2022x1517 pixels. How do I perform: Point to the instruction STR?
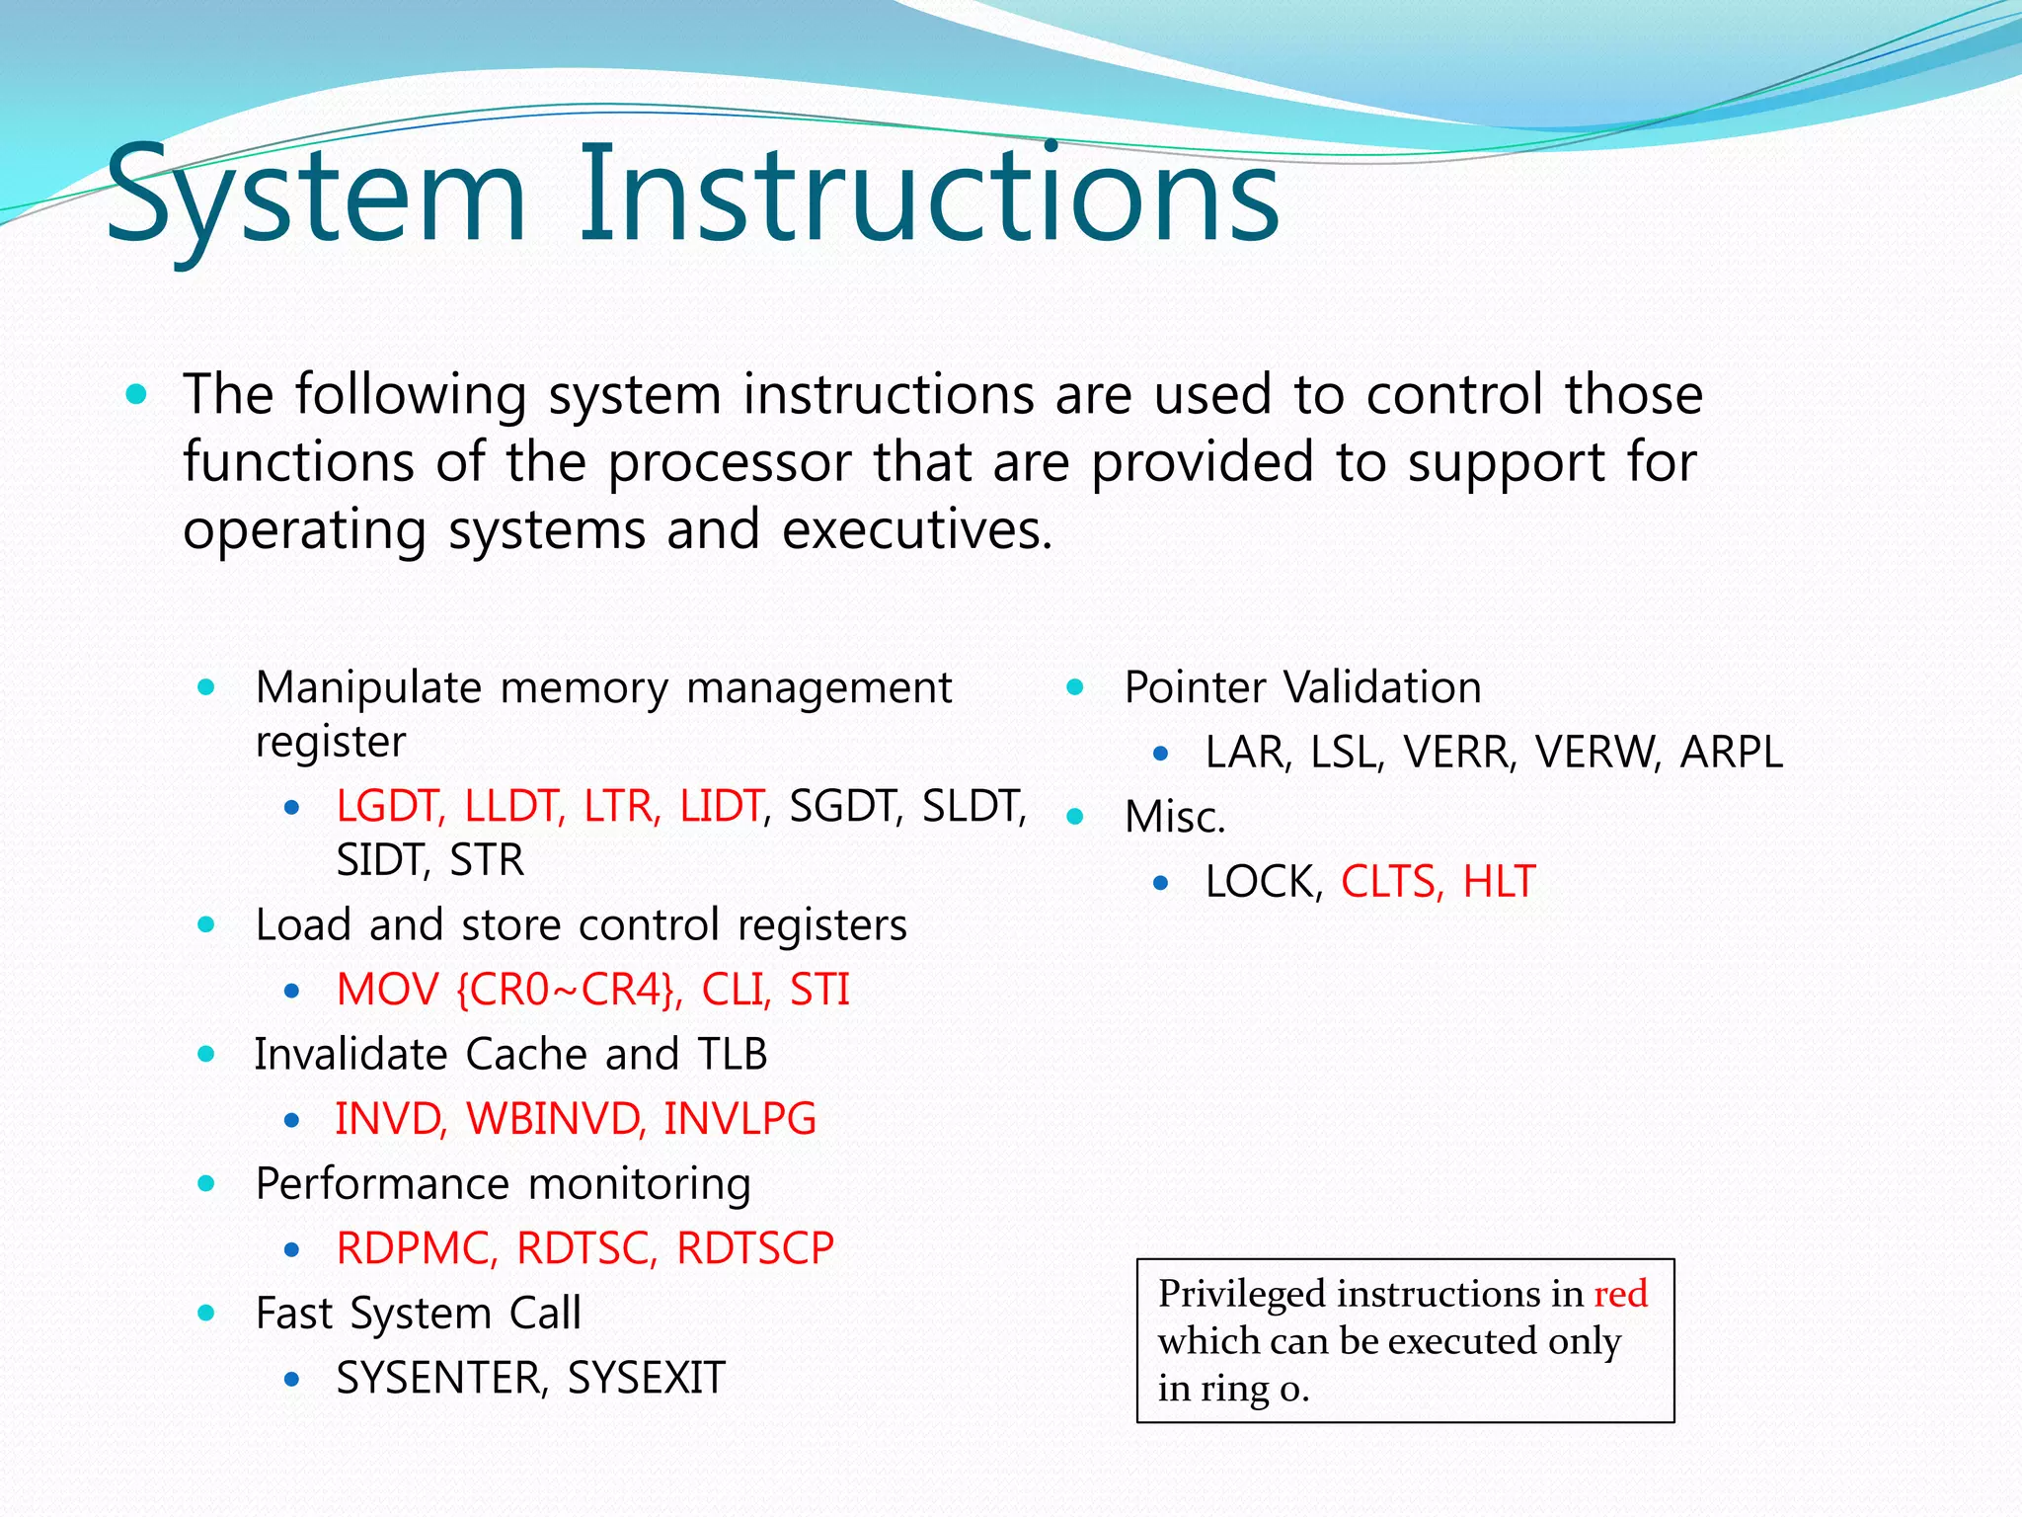[x=486, y=860]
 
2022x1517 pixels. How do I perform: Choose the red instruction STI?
[x=819, y=990]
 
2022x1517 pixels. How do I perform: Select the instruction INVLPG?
[x=739, y=1119]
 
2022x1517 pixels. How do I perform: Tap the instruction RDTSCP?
[x=755, y=1248]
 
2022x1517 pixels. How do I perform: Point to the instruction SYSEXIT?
[x=647, y=1378]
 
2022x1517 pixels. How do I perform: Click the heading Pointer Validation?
[x=1302, y=687]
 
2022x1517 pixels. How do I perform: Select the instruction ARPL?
[x=1731, y=753]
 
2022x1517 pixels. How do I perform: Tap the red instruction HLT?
[x=1499, y=882]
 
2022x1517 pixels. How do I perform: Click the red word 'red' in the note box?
[x=1620, y=1294]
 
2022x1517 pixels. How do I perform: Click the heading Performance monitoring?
[x=503, y=1184]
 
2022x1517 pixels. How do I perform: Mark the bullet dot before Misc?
[x=1075, y=817]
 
